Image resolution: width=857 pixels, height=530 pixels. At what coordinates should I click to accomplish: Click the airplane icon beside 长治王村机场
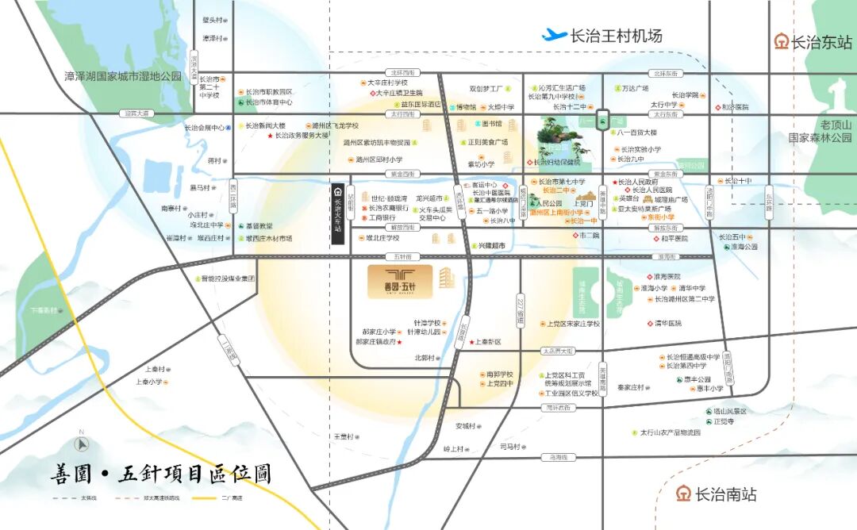tap(554, 35)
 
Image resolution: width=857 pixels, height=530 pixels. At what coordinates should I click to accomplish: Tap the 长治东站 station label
tap(813, 42)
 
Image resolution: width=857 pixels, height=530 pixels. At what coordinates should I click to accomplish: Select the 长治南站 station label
tap(716, 494)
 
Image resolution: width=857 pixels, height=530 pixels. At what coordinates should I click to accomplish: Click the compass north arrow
tap(80, 444)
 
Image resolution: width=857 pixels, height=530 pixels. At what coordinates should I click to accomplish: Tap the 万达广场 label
tap(634, 88)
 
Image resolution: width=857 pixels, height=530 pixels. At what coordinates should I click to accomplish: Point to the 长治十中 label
tap(734, 181)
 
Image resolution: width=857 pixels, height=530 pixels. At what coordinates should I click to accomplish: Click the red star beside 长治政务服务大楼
tap(270, 136)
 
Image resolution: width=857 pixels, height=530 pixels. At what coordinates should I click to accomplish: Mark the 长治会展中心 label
tap(205, 127)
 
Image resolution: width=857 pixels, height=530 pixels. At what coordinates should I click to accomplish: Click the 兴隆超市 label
tap(490, 247)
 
